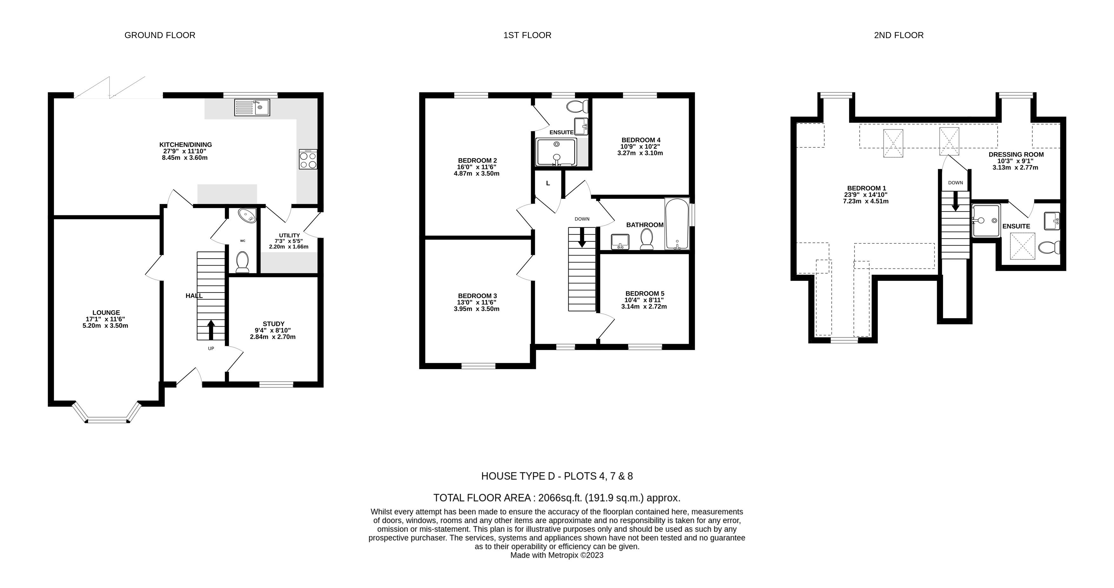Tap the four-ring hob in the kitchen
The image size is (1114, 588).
coord(308,159)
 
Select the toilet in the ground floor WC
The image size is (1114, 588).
coord(242,262)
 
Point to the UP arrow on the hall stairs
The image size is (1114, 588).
coord(211,329)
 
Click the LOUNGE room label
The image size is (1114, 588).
coord(106,313)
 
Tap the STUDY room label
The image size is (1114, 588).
coord(273,324)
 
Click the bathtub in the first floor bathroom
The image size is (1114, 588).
coord(677,224)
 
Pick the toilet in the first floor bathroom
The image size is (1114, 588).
coord(646,239)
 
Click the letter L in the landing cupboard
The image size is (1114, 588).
coord(548,183)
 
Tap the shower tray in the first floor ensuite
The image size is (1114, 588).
coord(556,152)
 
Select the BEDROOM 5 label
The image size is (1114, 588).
coord(645,294)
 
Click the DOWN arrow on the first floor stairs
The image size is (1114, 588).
coord(582,237)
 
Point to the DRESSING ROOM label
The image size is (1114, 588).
coord(1016,154)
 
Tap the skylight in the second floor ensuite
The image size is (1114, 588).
coord(1022,246)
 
